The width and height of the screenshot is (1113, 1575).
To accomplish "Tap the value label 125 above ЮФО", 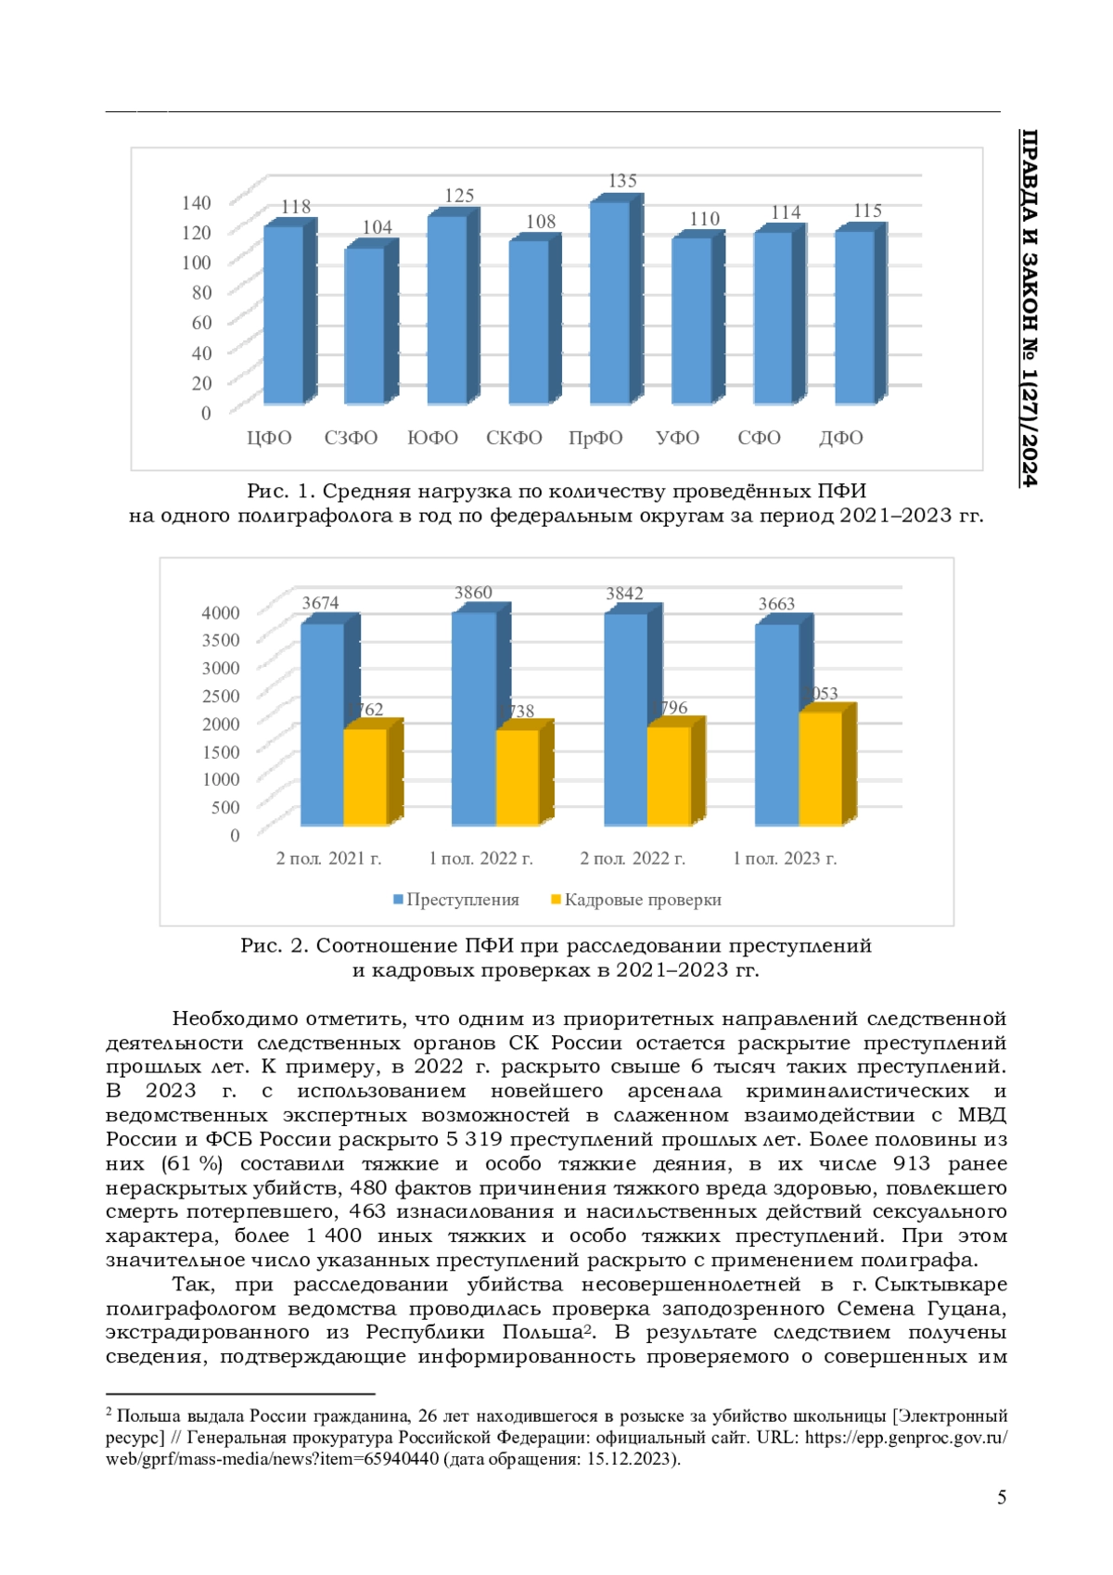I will pyautogui.click(x=459, y=196).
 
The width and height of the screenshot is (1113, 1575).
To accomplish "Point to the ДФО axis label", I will pyautogui.click(x=840, y=438).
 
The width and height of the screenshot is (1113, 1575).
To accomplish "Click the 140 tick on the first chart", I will pyautogui.click(x=197, y=202).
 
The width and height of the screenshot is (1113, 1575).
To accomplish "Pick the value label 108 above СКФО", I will pyautogui.click(x=541, y=222).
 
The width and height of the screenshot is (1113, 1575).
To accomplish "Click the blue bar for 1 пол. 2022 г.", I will pyautogui.click(x=474, y=719).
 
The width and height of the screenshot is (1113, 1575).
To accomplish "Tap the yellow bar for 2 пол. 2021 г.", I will pyautogui.click(x=365, y=776).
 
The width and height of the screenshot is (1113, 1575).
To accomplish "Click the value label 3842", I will pyautogui.click(x=624, y=594).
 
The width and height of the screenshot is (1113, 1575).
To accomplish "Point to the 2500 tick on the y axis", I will pyautogui.click(x=221, y=696).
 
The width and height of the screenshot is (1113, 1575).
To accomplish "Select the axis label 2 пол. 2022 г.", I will pyautogui.click(x=633, y=859).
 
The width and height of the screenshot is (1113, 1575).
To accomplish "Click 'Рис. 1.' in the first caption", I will pyautogui.click(x=280, y=491).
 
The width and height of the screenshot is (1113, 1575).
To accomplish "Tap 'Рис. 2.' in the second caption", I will pyautogui.click(x=274, y=945).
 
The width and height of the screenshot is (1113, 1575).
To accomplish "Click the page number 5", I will pyautogui.click(x=1001, y=1497).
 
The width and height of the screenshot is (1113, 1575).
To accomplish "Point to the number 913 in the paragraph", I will pyautogui.click(x=912, y=1163).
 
